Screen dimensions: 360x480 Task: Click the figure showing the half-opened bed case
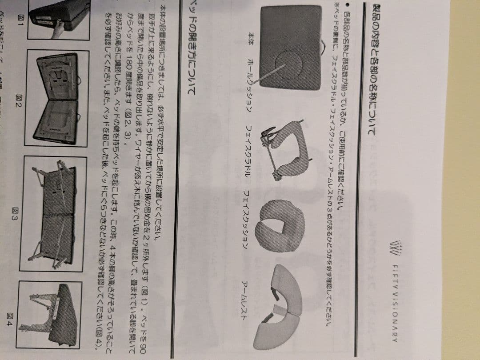click(x=58, y=98)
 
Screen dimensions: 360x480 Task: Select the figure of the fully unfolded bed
click(x=56, y=213)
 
